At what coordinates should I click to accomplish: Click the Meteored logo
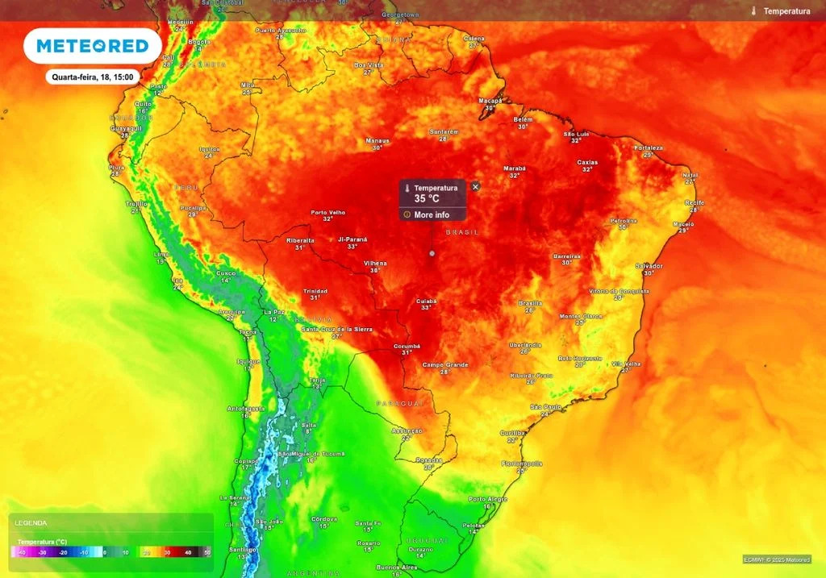(x=93, y=46)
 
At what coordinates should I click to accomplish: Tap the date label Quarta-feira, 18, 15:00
(x=94, y=77)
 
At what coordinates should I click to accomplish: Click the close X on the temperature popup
(x=475, y=186)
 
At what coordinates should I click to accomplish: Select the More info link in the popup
(x=432, y=215)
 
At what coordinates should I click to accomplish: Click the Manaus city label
(x=377, y=141)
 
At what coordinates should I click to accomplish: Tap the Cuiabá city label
(x=426, y=301)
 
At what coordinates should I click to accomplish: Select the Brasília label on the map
(x=530, y=303)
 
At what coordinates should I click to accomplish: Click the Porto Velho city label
(x=327, y=213)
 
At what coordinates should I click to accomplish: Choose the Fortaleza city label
(x=648, y=148)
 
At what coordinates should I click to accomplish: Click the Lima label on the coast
(x=161, y=254)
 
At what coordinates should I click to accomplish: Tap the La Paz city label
(x=274, y=312)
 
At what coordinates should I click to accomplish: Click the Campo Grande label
(x=445, y=365)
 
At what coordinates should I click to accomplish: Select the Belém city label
(x=523, y=119)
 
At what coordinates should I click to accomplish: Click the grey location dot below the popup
(x=432, y=253)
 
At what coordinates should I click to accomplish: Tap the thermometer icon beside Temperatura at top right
(x=753, y=11)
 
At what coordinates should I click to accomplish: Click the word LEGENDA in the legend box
(x=31, y=523)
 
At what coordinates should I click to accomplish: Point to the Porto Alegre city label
(x=489, y=499)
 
